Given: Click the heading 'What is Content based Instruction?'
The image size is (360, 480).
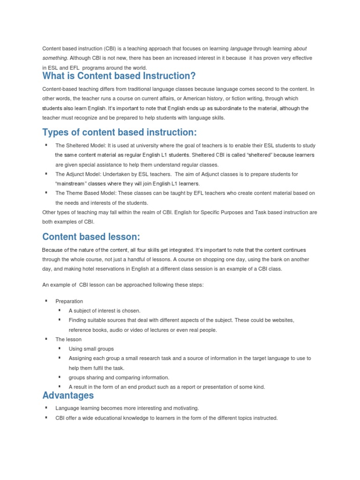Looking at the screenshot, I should (x=119, y=76).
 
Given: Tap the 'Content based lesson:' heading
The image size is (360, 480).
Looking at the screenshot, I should (x=91, y=236).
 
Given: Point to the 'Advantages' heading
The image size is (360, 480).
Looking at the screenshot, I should (x=68, y=396).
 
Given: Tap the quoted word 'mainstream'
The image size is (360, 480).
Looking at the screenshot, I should (x=71, y=183).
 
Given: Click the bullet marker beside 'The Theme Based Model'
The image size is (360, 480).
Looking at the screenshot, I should (x=46, y=193).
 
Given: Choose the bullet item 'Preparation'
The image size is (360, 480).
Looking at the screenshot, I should (x=69, y=301).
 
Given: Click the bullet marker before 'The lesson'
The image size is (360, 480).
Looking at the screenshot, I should (x=46, y=339).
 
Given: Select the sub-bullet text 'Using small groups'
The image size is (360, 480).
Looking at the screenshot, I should (x=91, y=349).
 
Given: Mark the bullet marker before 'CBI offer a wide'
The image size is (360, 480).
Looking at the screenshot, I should (x=46, y=417).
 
